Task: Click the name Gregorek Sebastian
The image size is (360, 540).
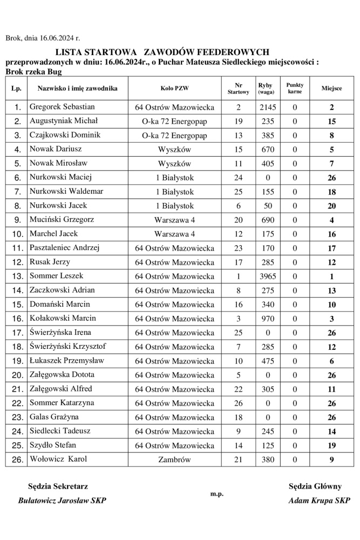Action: [62, 107]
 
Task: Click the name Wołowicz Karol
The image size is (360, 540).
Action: [58, 459]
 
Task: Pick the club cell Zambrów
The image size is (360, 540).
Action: [175, 460]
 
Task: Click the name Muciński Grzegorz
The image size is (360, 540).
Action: [62, 220]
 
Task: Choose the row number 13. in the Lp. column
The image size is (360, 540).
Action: [17, 276]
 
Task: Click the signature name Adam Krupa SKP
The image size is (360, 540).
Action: [319, 501]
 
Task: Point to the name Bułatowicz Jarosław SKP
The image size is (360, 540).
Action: [62, 501]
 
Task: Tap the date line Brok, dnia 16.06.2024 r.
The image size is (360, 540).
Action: [43, 38]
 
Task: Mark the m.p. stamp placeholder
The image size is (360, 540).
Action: [217, 494]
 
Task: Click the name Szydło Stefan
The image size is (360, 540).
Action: [52, 445]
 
